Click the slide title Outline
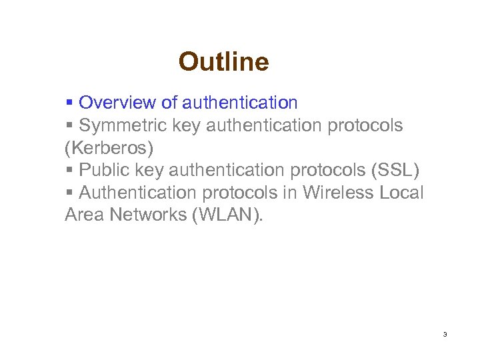(x=223, y=62)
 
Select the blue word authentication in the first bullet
(x=239, y=103)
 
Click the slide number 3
(x=445, y=334)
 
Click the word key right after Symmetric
(x=187, y=125)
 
